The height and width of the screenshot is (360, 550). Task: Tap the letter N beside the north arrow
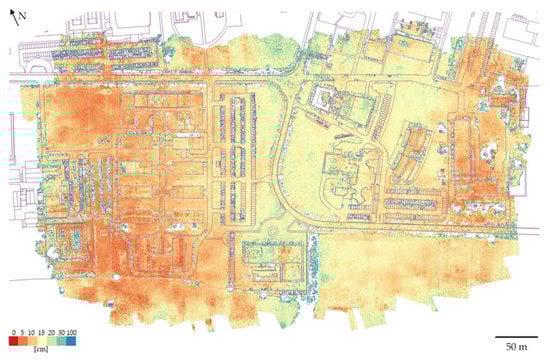point(21,16)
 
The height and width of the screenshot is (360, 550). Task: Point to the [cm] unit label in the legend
point(36,351)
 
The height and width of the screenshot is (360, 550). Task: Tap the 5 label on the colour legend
point(22,331)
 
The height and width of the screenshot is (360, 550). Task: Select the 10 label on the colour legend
point(32,331)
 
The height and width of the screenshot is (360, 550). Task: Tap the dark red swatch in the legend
point(13,341)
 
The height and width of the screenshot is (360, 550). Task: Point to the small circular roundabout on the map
point(272,233)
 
